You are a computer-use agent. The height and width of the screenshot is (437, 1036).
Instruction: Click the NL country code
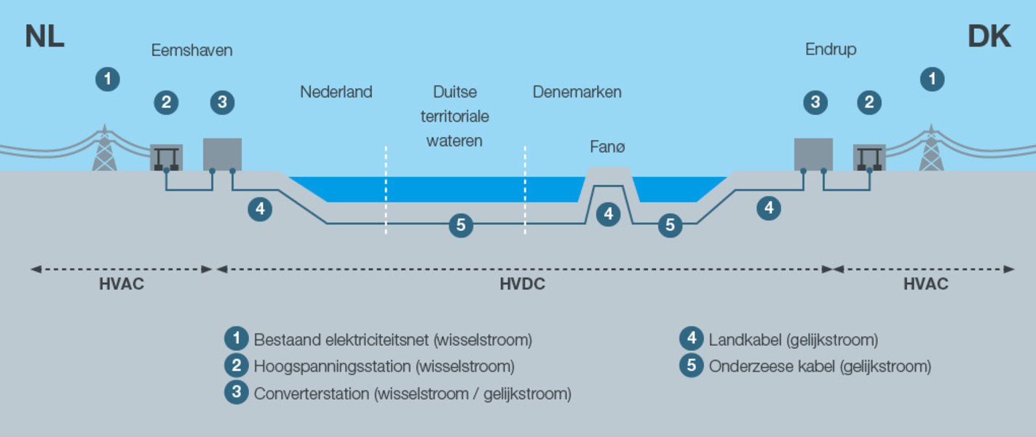(45, 36)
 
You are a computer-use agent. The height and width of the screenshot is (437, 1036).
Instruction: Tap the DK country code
(989, 36)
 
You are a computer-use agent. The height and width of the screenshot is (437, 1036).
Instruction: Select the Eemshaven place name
(191, 50)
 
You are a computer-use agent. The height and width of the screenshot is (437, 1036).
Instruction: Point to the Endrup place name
(830, 50)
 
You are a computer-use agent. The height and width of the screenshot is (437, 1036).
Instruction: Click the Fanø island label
(607, 147)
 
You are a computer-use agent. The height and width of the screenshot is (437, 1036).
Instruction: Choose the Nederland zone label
(336, 92)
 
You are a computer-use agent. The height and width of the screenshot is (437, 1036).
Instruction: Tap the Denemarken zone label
(577, 92)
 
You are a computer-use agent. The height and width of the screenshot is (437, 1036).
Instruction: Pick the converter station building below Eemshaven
(222, 154)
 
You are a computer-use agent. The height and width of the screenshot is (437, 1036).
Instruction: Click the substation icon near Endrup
(869, 157)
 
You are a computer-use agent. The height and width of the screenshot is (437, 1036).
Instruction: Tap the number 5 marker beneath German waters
(460, 225)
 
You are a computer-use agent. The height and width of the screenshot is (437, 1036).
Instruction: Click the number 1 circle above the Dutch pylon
(108, 79)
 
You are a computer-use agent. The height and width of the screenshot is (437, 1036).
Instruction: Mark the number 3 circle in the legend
(236, 393)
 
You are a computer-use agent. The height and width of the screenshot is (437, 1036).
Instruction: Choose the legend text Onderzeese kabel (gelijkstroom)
(820, 366)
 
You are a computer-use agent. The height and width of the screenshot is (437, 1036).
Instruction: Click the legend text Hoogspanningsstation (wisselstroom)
(384, 366)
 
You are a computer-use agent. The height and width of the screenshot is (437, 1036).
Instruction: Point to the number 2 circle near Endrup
(869, 103)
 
